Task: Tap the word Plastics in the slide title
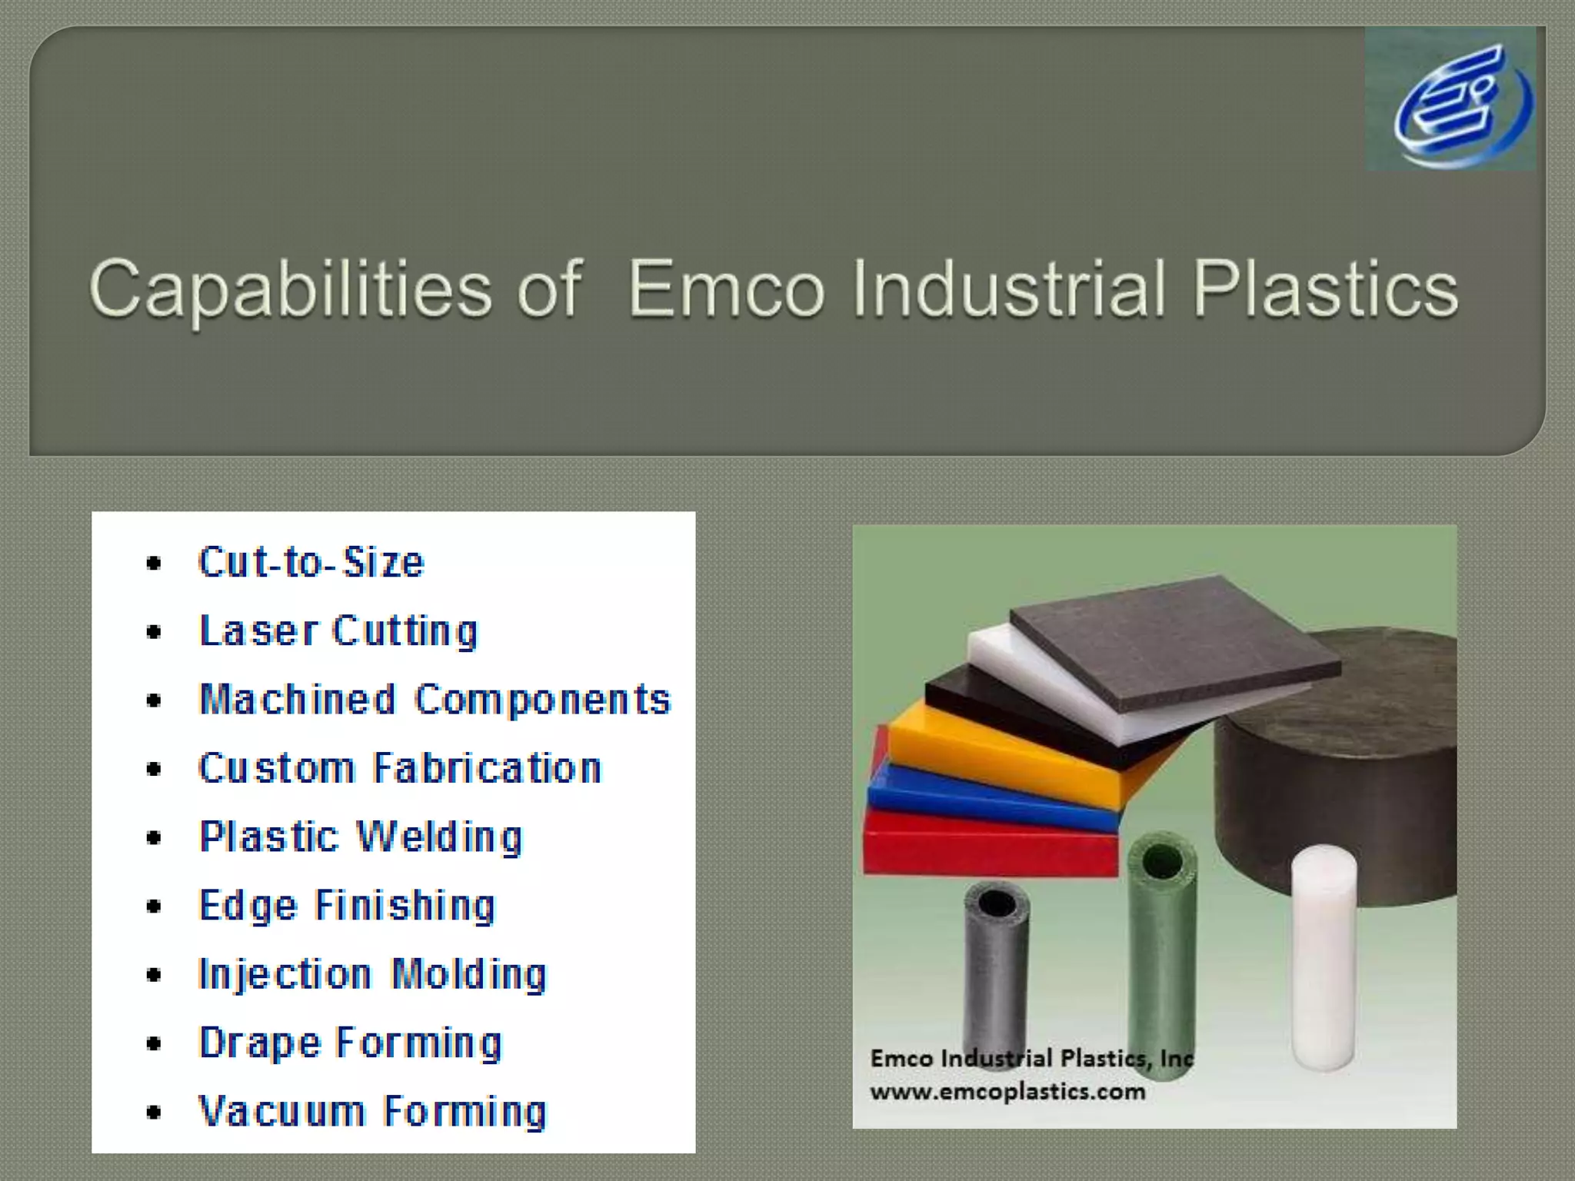1324,290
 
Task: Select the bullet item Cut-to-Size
311,562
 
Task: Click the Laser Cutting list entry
338,631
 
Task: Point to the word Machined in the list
297,700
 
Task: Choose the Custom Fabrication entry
400,768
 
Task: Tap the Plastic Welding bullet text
361,837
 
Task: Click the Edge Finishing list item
347,905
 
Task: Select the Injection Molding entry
372,974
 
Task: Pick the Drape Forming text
350,1043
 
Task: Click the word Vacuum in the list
281,1111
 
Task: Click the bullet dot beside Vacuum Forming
154,1112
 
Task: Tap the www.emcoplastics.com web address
1007,1092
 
